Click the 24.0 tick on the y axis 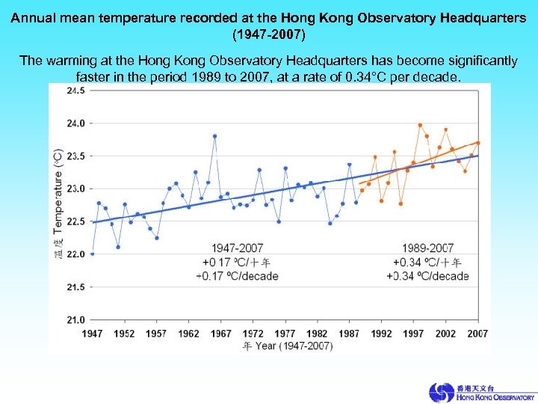(76, 123)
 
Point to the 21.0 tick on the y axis (76, 319)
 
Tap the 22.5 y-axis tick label (76, 221)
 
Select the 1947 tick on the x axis (93, 333)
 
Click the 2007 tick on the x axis (477, 333)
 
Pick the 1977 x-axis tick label (285, 333)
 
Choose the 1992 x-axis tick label (381, 333)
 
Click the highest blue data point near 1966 (214, 136)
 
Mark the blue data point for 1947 (93, 254)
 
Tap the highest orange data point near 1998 (420, 125)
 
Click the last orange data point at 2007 (477, 142)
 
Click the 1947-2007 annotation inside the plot (238, 248)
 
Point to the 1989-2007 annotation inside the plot (427, 248)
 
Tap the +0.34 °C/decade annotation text (427, 276)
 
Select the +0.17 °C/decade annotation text (238, 276)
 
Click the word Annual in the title (35, 19)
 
